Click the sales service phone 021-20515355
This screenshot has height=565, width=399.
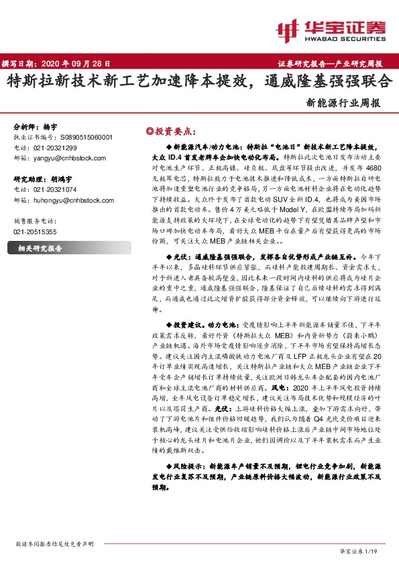pos(35,232)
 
